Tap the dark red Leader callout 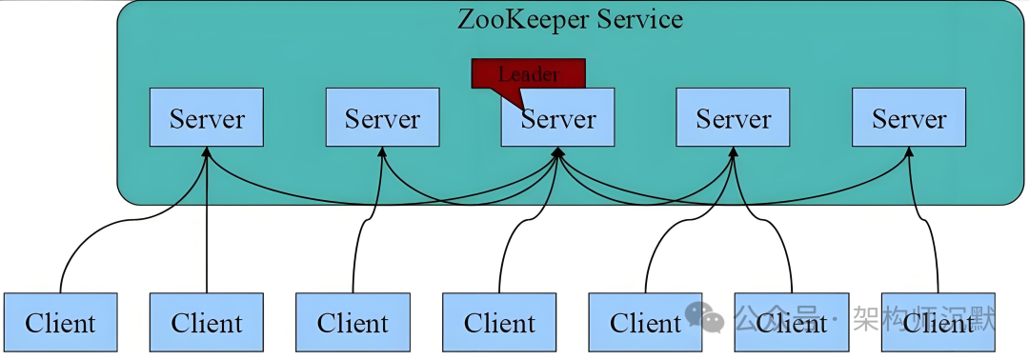tap(529, 73)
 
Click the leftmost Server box tap(207, 118)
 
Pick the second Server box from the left tap(382, 118)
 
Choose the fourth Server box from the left tap(733, 118)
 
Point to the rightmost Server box tap(909, 118)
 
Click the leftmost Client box tap(60, 323)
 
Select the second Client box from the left tap(207, 323)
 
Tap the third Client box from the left tap(353, 323)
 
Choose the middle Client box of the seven tap(499, 323)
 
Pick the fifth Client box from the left tap(645, 323)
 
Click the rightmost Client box tap(938, 323)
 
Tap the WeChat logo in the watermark tap(706, 317)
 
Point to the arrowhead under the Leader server tap(558, 153)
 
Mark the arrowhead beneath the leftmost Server tap(207, 153)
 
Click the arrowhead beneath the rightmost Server tap(909, 153)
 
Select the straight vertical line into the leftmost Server tap(207, 238)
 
